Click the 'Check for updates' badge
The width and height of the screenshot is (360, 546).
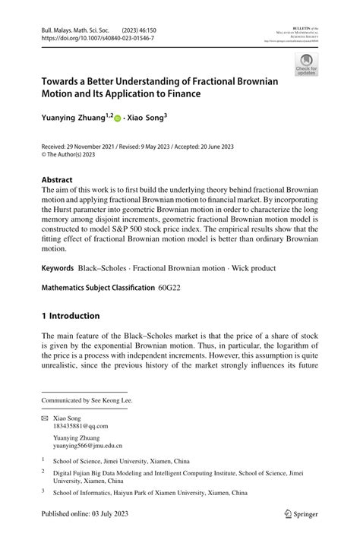(306, 64)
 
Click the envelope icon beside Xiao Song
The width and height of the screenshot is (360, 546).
(45, 417)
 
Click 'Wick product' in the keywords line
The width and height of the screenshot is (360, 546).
(253, 269)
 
